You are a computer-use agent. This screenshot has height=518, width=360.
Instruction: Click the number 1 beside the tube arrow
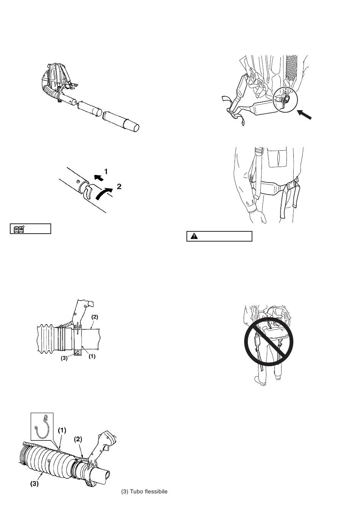106,172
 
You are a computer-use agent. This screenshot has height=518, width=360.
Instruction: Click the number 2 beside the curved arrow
119,186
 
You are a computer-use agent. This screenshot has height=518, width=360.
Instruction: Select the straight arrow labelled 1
99,178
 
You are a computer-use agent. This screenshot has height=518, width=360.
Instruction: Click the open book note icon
19,229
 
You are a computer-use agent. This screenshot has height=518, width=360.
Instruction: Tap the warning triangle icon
194,236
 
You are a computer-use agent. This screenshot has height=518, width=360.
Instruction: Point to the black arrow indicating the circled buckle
304,115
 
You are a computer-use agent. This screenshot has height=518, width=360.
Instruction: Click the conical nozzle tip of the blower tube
133,126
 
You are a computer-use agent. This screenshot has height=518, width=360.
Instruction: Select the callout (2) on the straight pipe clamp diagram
95,317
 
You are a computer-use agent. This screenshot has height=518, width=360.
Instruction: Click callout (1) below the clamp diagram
92,356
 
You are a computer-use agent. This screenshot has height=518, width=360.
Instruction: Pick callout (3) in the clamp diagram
64,358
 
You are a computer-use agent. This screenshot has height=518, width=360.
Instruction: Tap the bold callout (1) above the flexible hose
62,430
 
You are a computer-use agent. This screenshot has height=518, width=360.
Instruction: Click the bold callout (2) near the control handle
78,439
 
